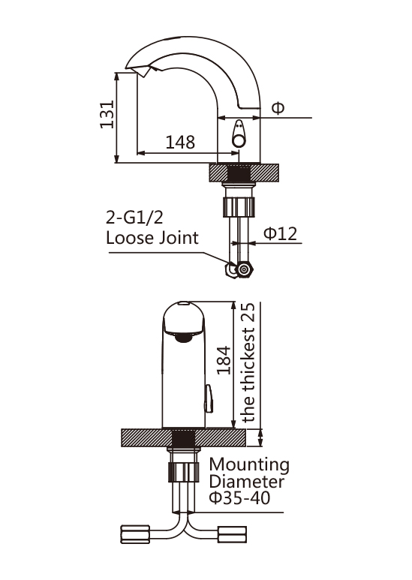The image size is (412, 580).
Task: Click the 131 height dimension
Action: tap(107, 114)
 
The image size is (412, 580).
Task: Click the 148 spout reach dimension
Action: tap(180, 142)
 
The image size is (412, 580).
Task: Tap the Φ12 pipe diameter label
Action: tap(280, 233)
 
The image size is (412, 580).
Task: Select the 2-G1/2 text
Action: tap(134, 218)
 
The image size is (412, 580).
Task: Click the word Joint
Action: tap(179, 238)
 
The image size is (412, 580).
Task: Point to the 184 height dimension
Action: tap(224, 360)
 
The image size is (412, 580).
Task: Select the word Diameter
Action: tap(246, 481)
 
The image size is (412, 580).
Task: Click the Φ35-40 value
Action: tap(239, 497)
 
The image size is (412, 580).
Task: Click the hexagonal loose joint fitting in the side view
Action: tap(244, 269)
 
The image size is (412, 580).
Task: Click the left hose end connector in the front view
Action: tap(135, 534)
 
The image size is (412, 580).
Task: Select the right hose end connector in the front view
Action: tap(232, 535)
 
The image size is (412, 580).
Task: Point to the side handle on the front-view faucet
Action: tap(209, 398)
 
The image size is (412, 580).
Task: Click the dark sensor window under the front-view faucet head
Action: tap(184, 337)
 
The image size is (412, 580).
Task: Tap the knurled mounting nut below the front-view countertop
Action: tap(183, 472)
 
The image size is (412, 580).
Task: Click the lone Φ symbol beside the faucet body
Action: tap(278, 108)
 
